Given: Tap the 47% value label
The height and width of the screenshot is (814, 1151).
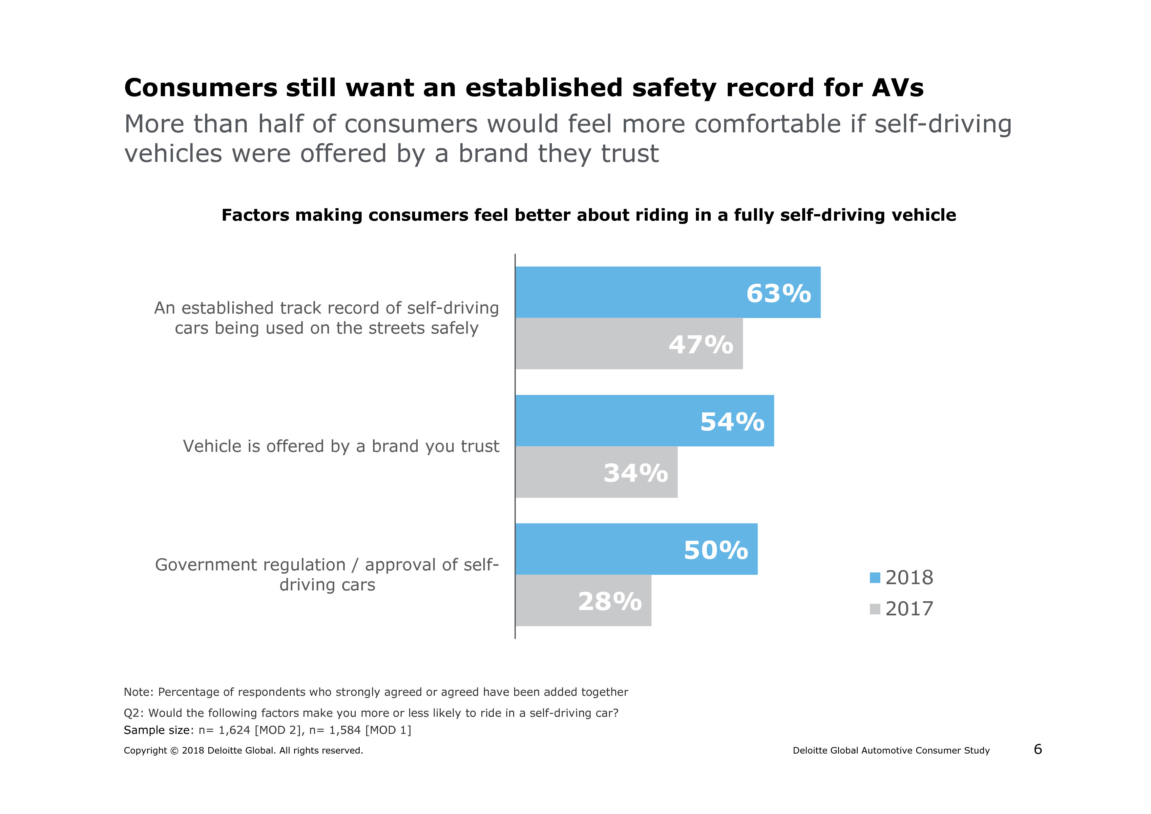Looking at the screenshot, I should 701,345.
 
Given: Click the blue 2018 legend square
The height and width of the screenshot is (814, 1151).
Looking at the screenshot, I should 875,578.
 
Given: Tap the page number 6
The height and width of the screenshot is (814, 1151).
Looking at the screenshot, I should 1038,749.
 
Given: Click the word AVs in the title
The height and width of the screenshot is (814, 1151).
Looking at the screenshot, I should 897,88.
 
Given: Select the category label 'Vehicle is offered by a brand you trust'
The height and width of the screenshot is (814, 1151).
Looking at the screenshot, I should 341,446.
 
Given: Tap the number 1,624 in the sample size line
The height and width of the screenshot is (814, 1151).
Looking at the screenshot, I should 234,730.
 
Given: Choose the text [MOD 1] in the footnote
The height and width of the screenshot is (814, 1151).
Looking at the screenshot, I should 388,730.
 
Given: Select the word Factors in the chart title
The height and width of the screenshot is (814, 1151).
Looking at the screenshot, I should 256,215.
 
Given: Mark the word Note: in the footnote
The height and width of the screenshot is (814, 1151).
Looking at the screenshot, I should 139,692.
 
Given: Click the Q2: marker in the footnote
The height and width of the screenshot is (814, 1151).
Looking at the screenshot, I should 134,713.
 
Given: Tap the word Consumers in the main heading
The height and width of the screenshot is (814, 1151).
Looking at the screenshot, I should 200,88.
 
